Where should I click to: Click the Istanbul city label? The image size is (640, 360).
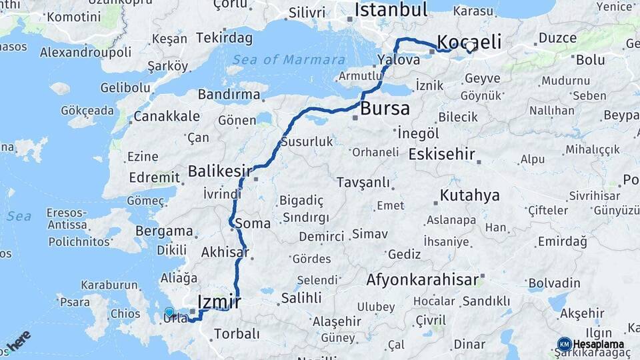click(x=391, y=10)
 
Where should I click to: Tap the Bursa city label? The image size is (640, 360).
click(x=385, y=109)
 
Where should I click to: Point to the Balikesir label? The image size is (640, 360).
click(x=219, y=171)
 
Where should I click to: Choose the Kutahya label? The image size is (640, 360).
click(x=469, y=195)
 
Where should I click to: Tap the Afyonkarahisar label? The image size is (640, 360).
click(x=422, y=279)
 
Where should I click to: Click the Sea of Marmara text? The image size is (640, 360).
click(x=285, y=59)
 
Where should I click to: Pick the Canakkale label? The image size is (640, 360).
click(x=167, y=116)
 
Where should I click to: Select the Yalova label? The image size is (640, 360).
click(x=399, y=59)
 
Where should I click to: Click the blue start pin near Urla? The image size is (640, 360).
click(x=169, y=312)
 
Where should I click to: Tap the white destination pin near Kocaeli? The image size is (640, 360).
click(x=470, y=46)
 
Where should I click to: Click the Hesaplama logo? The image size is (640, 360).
click(x=591, y=344)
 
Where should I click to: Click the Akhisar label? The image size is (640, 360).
click(x=225, y=252)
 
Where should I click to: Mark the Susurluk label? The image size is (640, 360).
click(x=307, y=141)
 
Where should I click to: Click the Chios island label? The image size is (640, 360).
click(x=125, y=313)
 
